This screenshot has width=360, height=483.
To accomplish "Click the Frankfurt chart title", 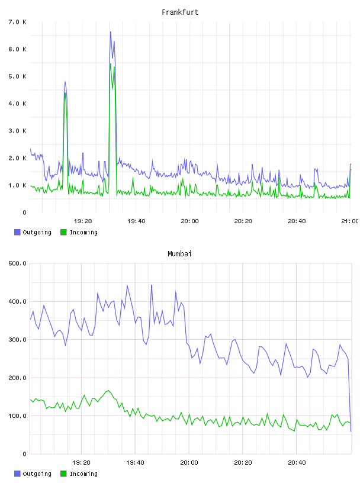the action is point(180,12).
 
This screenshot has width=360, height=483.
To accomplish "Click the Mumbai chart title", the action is point(179,254).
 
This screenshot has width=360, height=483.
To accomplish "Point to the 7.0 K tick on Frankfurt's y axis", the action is point(18,22).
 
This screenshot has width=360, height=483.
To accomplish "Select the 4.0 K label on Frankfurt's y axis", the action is point(18,104).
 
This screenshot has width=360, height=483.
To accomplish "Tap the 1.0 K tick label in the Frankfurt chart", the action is point(18,185).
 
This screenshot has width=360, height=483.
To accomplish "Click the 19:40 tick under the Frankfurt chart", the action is point(136,221).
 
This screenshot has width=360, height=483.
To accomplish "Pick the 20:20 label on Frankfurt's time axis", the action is point(243,221).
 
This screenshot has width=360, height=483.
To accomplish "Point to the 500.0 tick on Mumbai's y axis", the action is point(18,263).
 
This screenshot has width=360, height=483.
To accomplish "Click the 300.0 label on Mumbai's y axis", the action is point(18,340).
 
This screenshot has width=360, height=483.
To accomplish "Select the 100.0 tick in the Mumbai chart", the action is point(18,416).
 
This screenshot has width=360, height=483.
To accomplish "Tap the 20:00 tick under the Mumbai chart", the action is point(189,463).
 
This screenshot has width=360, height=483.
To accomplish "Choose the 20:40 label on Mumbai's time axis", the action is point(297,463).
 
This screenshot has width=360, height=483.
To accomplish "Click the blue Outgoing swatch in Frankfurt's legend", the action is point(17,232).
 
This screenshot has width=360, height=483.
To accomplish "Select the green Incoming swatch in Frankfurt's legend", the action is point(63,232).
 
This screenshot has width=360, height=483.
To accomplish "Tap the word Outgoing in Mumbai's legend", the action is point(37,474).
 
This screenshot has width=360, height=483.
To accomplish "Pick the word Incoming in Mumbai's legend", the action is point(83,474).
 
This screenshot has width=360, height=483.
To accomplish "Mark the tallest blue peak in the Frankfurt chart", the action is point(111,32).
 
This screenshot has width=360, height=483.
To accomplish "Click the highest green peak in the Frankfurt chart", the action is point(111,64).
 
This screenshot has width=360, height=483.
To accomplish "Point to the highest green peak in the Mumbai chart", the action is point(108,391).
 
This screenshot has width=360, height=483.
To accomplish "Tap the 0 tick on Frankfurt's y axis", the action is point(24,212).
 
